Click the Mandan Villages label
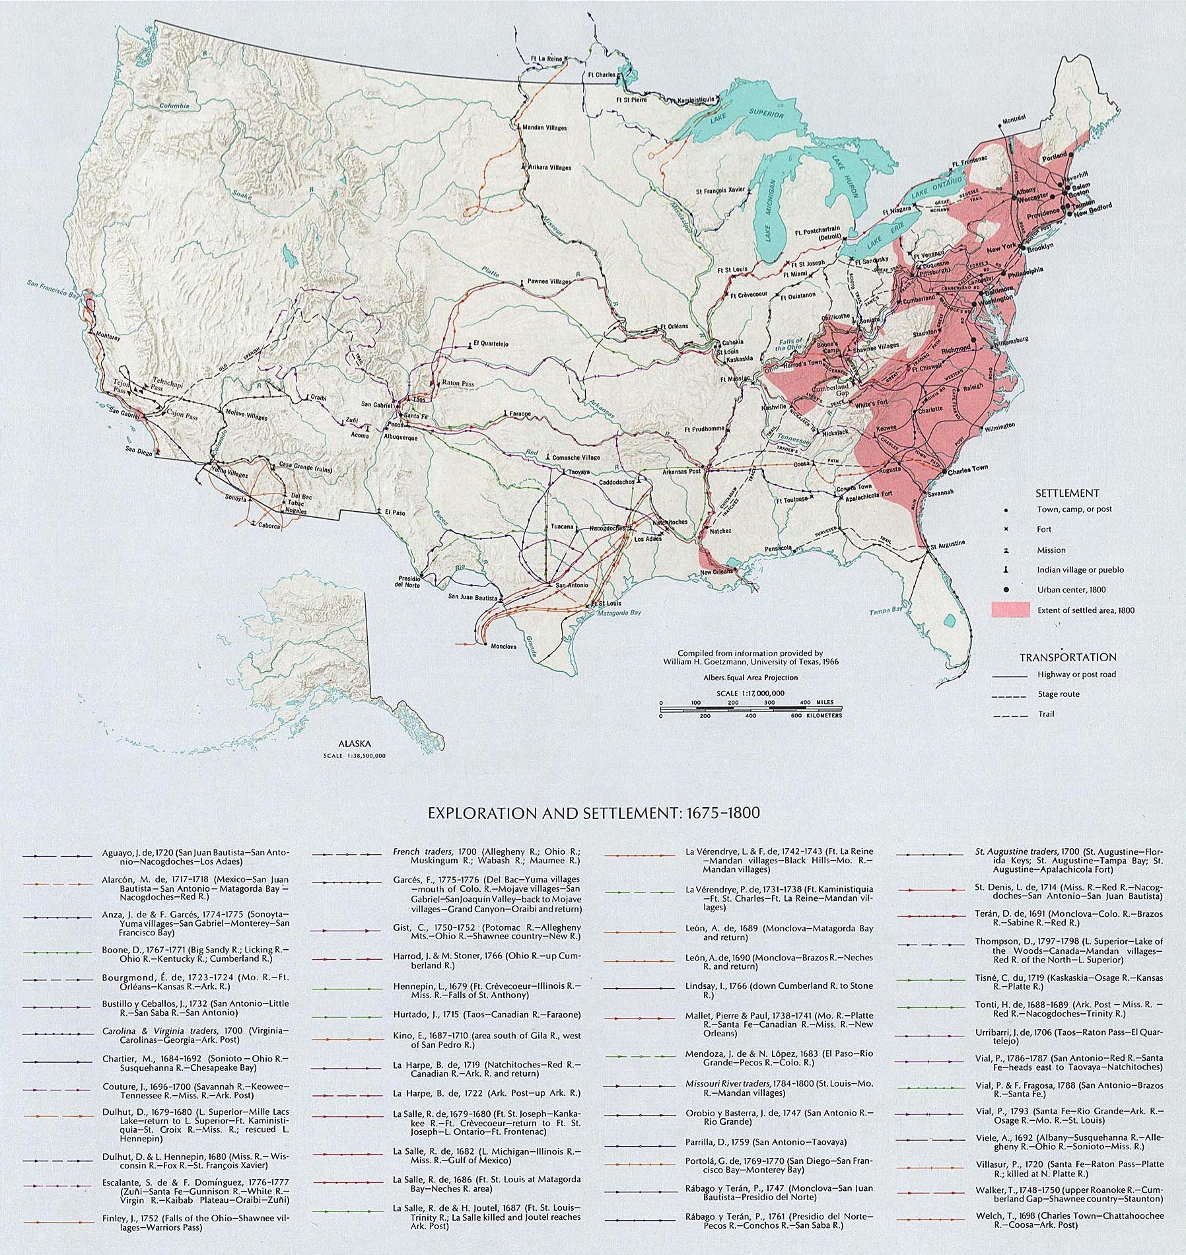(544, 127)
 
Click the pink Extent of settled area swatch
(1010, 610)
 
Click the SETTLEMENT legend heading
(1057, 493)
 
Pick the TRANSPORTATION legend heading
(1068, 657)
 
